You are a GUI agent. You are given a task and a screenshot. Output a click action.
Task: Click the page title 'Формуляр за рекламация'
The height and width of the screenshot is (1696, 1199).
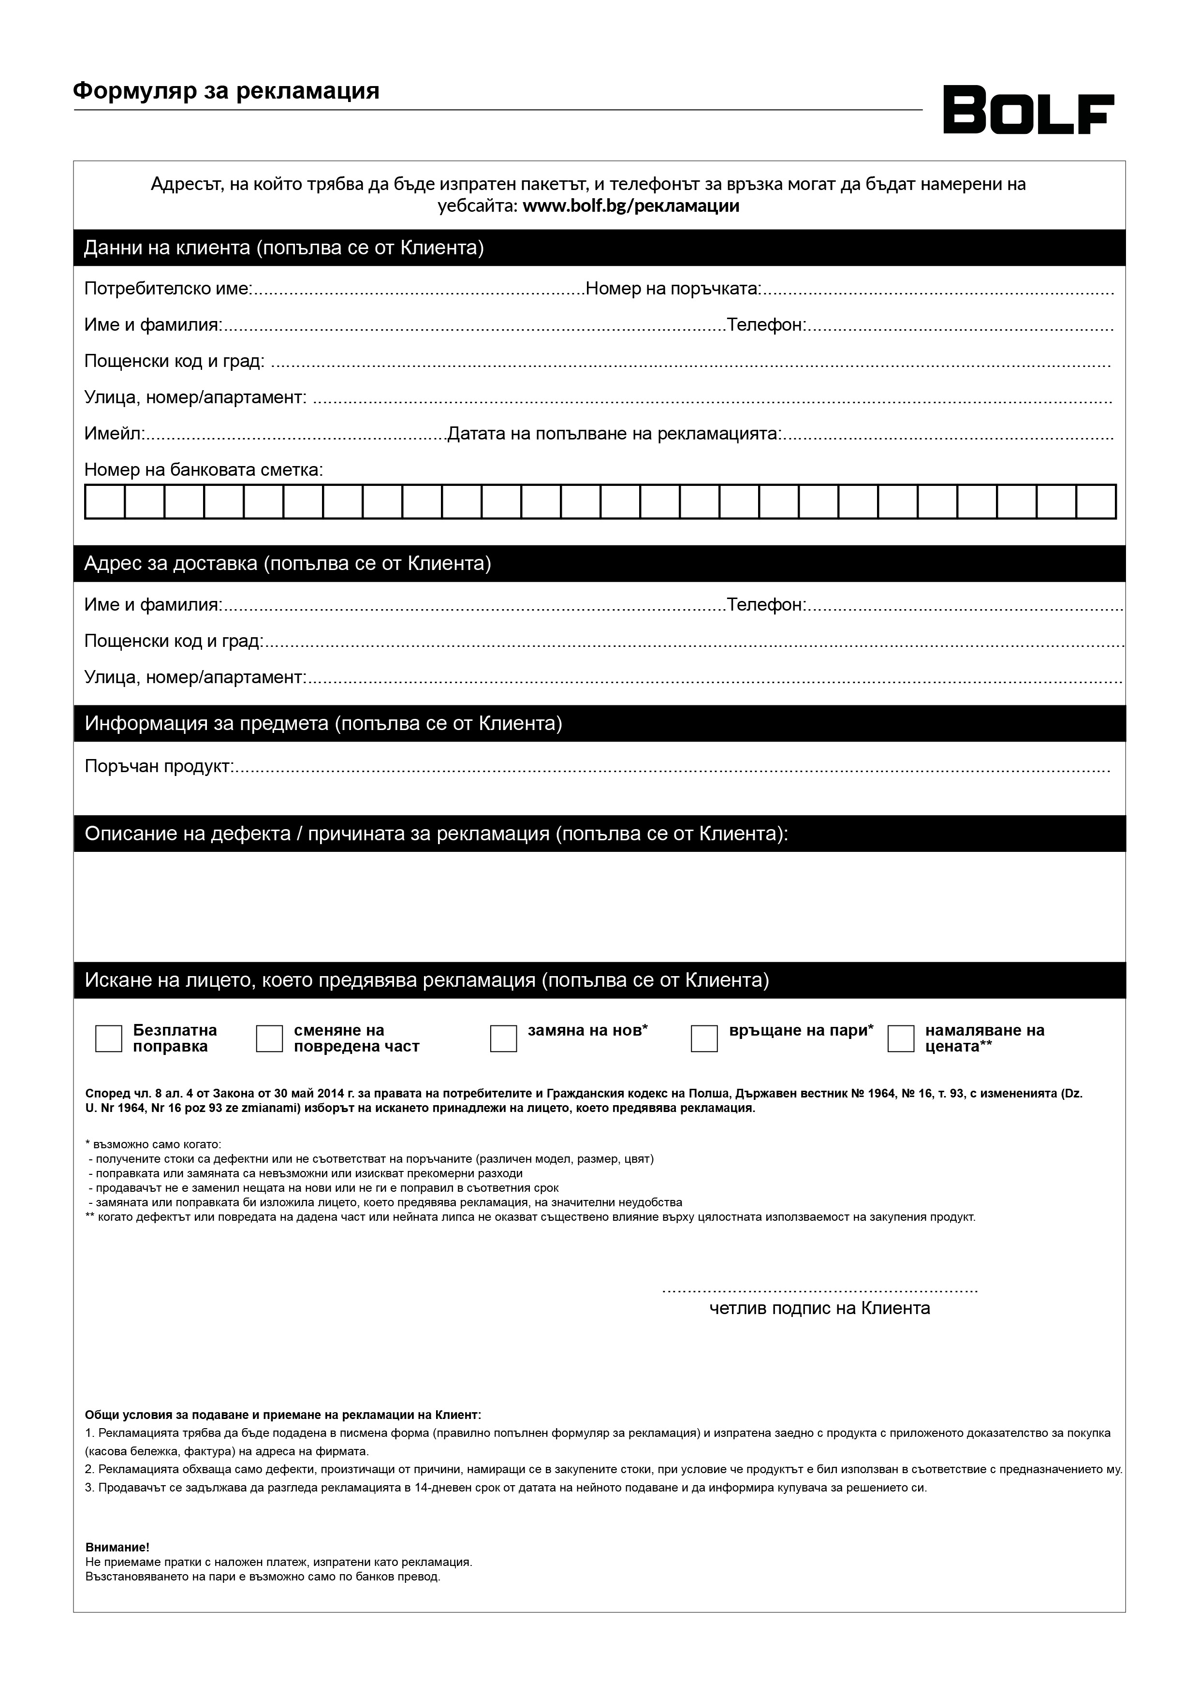coord(226,91)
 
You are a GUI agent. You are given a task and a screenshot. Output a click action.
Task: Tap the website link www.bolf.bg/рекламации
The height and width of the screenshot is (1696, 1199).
coord(631,205)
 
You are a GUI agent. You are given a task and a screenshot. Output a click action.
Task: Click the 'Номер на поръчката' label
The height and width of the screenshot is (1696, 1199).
coord(673,288)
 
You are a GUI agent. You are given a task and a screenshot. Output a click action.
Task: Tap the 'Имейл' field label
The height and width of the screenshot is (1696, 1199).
coord(114,434)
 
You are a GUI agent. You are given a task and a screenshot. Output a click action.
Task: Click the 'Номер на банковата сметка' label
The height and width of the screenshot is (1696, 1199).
coord(203,470)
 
